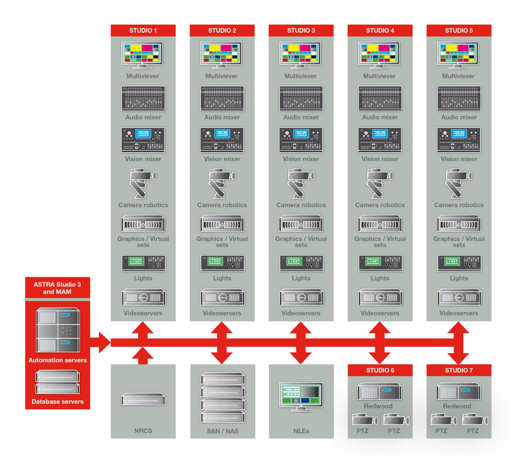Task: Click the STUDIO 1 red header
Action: [x=143, y=30]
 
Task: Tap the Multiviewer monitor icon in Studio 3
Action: [x=300, y=55]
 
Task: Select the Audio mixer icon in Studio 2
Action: [x=222, y=98]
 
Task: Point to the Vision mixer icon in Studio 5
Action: [x=459, y=140]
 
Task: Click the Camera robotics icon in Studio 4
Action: [x=380, y=184]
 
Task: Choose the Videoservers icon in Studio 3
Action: [x=301, y=297]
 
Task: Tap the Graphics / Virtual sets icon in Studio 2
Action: [x=222, y=223]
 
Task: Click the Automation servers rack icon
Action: [x=58, y=330]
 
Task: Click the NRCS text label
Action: [x=143, y=431]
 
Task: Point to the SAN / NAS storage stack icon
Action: [x=223, y=397]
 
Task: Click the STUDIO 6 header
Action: [x=380, y=370]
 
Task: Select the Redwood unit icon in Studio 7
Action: [x=458, y=391]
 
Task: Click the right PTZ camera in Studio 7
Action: [x=475, y=419]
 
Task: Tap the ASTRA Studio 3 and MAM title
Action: [x=57, y=288]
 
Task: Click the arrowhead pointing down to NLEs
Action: [x=301, y=358]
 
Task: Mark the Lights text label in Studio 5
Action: [x=459, y=278]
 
